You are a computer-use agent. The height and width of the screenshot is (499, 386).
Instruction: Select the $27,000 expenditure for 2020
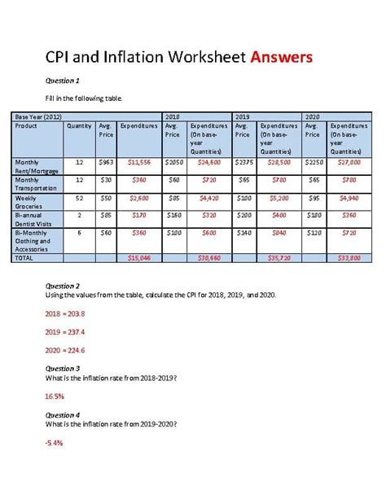coord(349,163)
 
